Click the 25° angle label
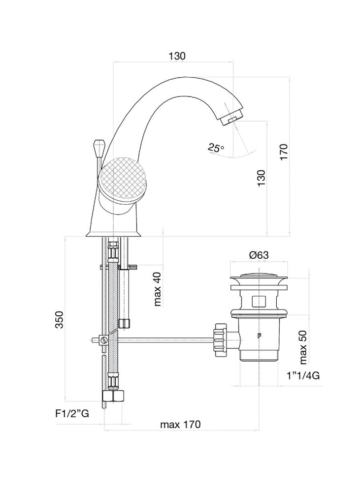point(215,147)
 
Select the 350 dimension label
point(59,320)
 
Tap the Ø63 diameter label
point(259,255)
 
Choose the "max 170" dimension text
point(180,425)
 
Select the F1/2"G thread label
point(72,414)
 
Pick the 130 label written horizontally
point(177,56)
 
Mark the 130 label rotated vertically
point(261,178)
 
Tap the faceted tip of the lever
point(97,146)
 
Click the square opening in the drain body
point(259,301)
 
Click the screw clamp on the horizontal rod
point(103,339)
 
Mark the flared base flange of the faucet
point(114,233)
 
